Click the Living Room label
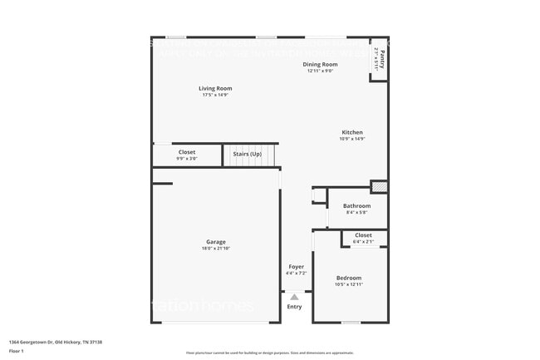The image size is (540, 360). click(215, 88)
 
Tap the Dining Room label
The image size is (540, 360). click(320, 64)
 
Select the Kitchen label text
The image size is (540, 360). click(352, 132)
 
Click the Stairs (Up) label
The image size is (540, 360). click(247, 154)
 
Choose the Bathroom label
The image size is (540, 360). click(356, 205)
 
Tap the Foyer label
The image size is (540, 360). click(296, 266)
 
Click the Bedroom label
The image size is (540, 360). click(349, 278)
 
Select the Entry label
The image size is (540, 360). click(295, 307)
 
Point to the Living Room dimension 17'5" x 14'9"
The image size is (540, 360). click(215, 95)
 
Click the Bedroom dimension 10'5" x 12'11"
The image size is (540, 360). click(349, 284)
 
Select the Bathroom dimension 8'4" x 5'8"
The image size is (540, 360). click(356, 212)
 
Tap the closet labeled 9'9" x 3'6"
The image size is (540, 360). click(187, 155)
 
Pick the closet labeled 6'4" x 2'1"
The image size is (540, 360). click(363, 238)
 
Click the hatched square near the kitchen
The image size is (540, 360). click(378, 186)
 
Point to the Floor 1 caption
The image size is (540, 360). click(17, 352)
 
